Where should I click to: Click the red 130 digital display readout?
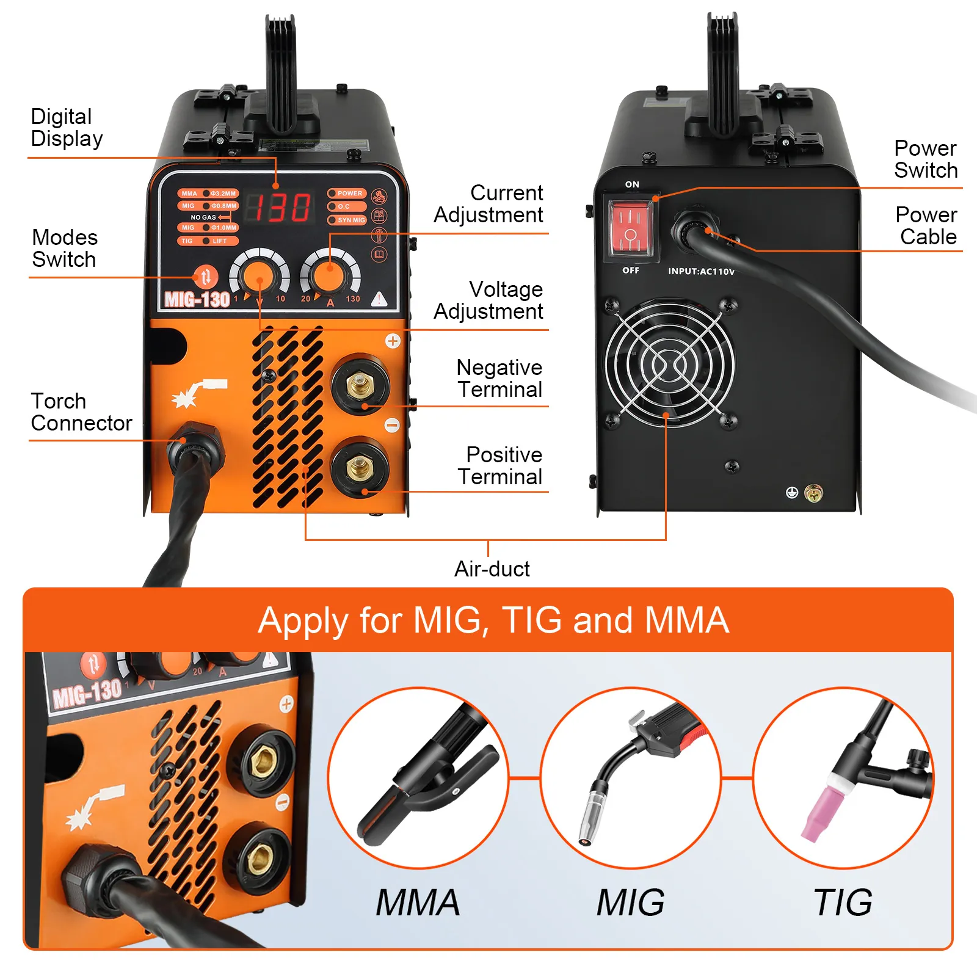click(282, 208)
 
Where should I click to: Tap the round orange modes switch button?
click(206, 277)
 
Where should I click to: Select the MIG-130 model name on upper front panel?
click(197, 299)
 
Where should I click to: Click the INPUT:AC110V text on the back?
click(701, 271)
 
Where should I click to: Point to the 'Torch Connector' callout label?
click(81, 412)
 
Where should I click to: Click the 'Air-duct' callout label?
click(492, 568)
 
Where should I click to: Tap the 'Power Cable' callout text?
click(926, 225)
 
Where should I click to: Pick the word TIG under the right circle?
click(843, 903)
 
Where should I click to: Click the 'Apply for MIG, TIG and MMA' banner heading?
click(493, 620)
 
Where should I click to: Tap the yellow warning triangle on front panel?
click(379, 299)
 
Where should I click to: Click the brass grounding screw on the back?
click(813, 493)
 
